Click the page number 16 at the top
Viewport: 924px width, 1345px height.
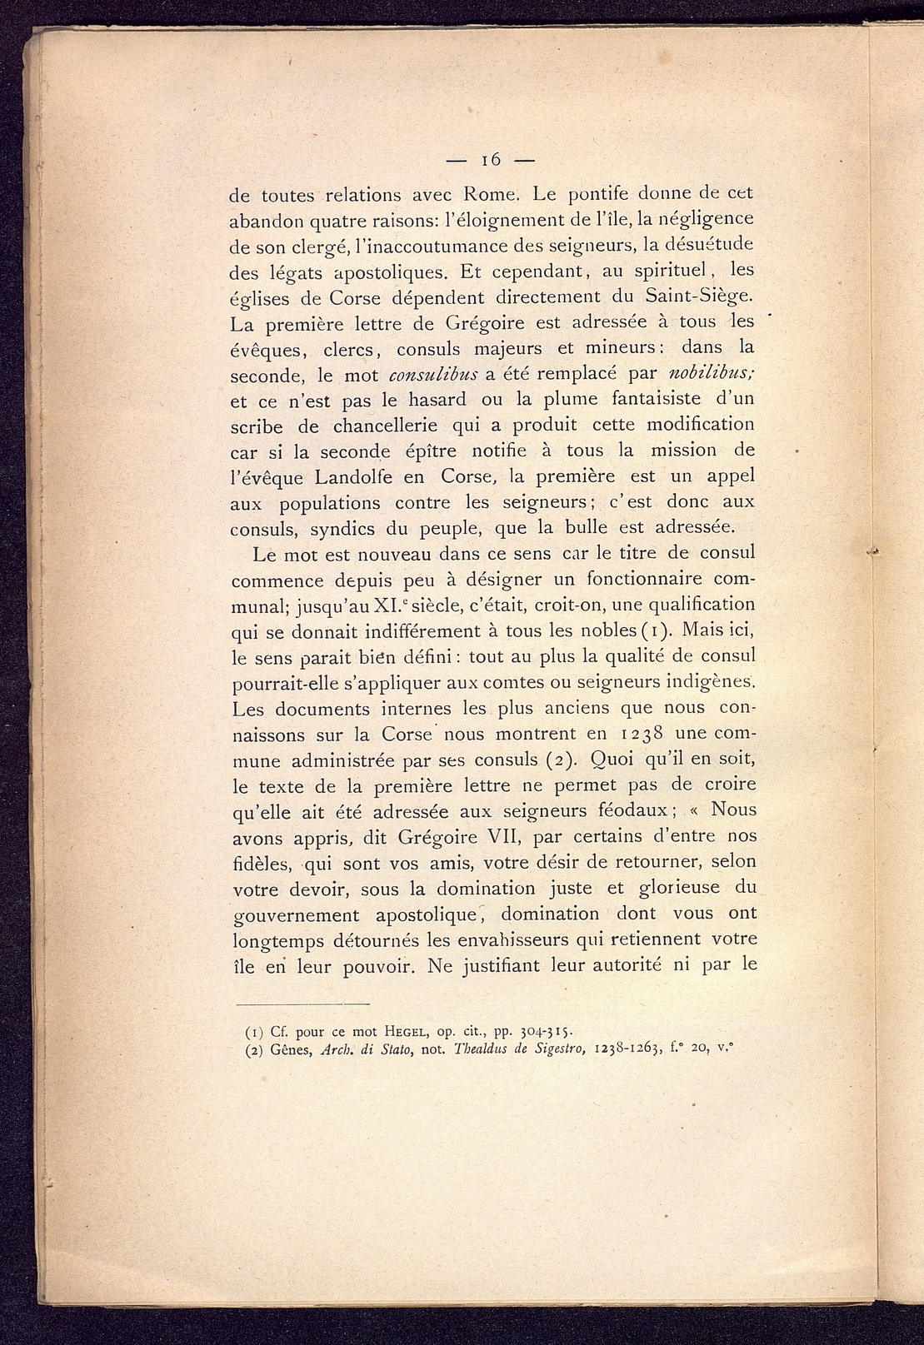click(489, 159)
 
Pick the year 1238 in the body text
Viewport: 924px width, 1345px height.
click(642, 734)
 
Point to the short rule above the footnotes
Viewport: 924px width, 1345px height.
click(299, 1004)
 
